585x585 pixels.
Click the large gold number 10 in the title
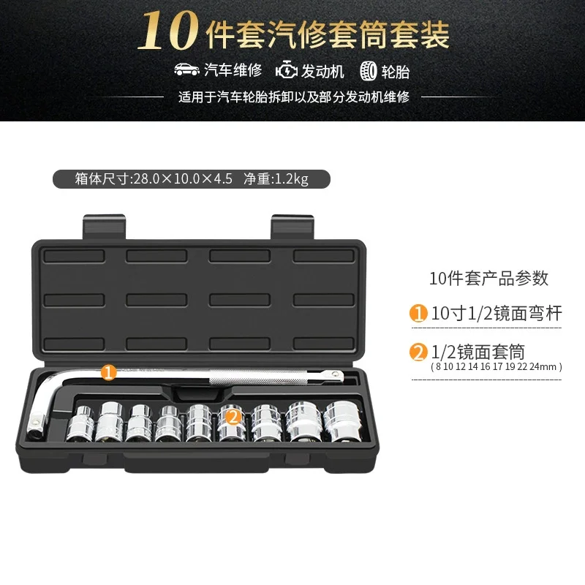[x=168, y=31]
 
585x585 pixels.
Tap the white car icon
[x=187, y=69]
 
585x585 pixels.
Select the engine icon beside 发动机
[x=287, y=70]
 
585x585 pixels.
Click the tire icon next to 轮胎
[x=369, y=71]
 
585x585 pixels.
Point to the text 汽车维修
[x=233, y=69]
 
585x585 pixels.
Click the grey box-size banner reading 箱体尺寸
[x=192, y=179]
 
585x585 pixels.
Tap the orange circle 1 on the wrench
[x=108, y=372]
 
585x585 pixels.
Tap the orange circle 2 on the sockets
[x=233, y=417]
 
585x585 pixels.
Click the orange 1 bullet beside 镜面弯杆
[x=418, y=313]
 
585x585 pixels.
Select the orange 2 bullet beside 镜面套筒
[x=418, y=352]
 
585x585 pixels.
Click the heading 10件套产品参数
[x=488, y=279]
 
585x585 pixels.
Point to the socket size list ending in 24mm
[x=497, y=367]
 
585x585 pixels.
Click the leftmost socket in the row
[x=80, y=424]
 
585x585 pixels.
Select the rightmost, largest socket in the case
[x=341, y=421]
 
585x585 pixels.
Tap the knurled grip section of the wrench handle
[x=257, y=377]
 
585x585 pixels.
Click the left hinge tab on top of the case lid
[x=104, y=227]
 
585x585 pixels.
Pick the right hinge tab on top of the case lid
[x=292, y=227]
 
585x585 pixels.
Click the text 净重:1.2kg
[x=276, y=179]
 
